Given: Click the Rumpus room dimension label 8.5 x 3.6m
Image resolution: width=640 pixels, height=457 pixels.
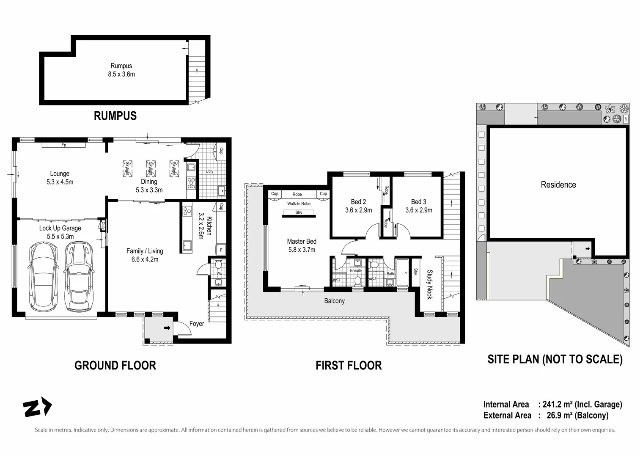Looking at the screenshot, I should (121, 74).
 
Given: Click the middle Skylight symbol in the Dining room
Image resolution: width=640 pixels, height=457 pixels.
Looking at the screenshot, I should (149, 168).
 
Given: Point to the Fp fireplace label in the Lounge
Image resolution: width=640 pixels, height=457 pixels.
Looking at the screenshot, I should (64, 145).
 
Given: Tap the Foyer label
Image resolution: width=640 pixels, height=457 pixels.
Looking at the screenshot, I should (196, 324).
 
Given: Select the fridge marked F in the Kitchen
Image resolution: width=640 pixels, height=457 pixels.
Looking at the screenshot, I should (220, 250).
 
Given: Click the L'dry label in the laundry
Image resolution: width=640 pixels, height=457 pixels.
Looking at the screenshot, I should (210, 171).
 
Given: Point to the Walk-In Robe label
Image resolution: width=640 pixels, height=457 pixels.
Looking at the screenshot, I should (299, 204).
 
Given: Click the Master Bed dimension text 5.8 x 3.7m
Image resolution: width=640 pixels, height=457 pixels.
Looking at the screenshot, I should (302, 250).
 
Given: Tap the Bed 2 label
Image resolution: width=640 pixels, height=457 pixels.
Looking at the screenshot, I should (358, 202).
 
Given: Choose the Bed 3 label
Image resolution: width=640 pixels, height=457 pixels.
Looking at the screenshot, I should (418, 202).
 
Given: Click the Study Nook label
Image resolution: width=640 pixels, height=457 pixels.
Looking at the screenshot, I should (430, 284).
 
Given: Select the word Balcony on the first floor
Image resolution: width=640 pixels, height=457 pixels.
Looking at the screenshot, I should (334, 301).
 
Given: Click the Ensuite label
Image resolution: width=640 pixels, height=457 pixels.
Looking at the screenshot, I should (356, 270).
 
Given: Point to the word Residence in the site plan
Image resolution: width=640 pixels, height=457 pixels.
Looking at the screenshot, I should (558, 184).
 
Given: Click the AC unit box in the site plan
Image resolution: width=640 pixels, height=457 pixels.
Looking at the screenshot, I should (625, 119).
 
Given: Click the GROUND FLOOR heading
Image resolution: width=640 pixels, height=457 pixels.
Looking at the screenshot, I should (115, 365).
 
